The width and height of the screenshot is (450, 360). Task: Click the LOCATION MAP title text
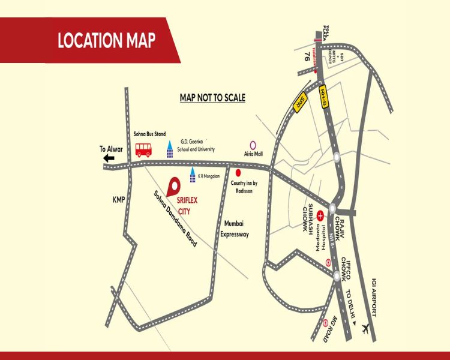[x=106, y=41]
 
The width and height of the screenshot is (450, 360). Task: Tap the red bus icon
[x=143, y=149]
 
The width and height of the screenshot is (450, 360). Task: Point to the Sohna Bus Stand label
[x=149, y=134]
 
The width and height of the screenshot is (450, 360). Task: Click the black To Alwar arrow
[x=109, y=158]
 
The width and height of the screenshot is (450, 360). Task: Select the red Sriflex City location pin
[x=175, y=185]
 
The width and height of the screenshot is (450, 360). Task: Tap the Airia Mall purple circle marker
[x=253, y=145]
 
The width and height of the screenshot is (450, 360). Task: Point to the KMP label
[x=118, y=200]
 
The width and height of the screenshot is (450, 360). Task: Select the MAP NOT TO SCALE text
[x=213, y=97]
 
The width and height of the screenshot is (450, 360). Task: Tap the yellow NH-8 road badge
[x=324, y=92]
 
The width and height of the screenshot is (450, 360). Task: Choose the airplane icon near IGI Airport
[x=364, y=328]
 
